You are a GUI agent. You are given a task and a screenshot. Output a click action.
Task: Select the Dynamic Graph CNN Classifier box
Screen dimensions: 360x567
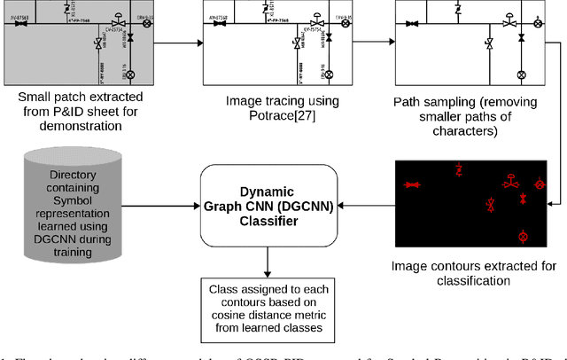tap(266, 206)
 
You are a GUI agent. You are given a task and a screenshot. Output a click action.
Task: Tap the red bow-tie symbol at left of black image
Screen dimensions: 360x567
tap(411, 184)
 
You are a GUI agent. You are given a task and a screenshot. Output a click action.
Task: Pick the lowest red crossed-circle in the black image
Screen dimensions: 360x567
tap(523, 237)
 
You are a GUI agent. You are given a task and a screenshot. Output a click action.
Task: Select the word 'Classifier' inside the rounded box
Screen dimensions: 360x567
tap(265, 222)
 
